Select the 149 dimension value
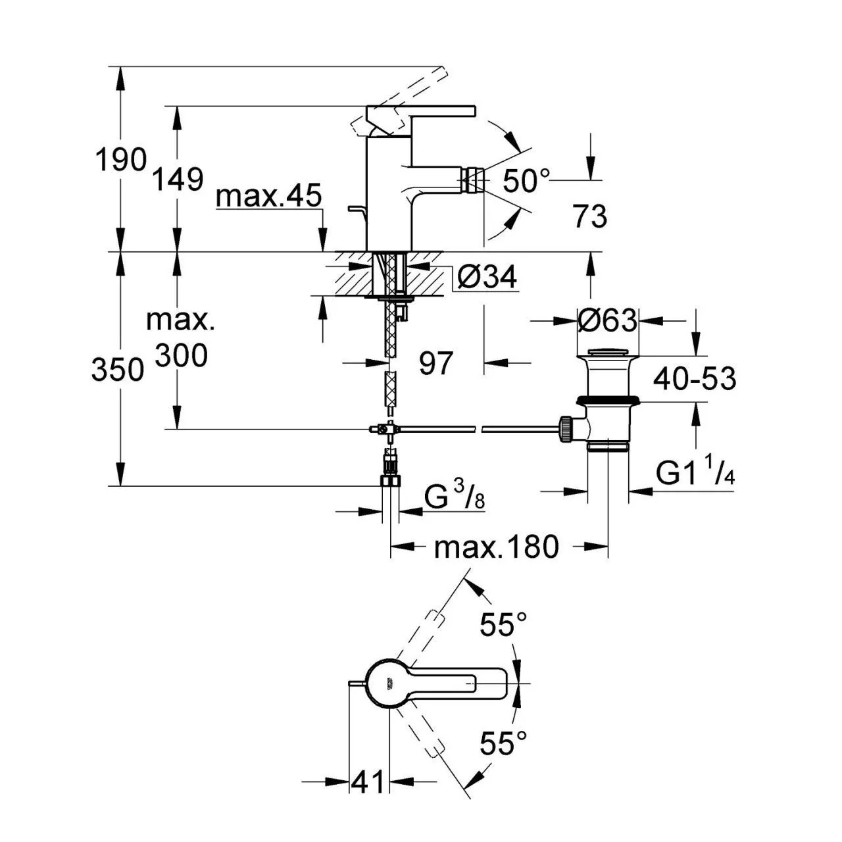coord(178,178)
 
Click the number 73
coord(589,216)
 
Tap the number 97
coord(436,363)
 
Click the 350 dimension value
coord(118,370)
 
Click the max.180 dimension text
coord(496,547)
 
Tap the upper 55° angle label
coord(503,625)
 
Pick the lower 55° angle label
coord(503,744)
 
